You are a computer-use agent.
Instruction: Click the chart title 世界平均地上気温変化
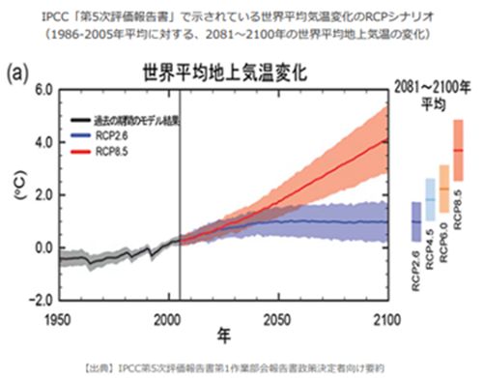219,73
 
